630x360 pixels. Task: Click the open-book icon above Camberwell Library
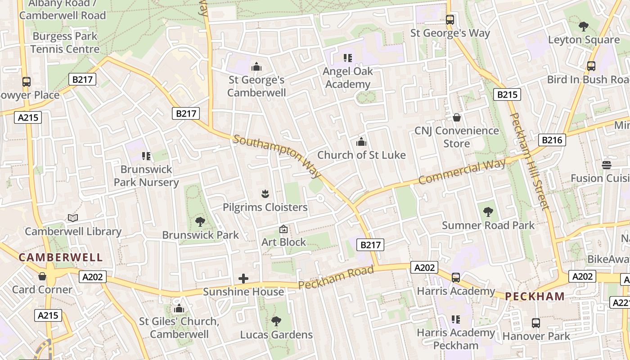[73, 218]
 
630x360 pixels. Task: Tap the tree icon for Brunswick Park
[200, 221]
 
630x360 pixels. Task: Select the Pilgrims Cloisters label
[265, 207]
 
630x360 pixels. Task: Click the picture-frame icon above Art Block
[283, 229]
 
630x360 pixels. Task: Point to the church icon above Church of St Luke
[361, 142]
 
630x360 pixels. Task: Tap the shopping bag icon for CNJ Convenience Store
[457, 118]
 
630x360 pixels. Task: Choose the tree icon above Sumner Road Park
[488, 212]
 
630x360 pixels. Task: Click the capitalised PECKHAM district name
[535, 296]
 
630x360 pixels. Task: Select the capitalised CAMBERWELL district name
[61, 257]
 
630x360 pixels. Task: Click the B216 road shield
[552, 140]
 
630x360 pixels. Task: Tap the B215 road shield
[507, 94]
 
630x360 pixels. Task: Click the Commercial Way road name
[462, 172]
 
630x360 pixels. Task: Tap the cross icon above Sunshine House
[243, 279]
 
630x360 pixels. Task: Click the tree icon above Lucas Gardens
[276, 321]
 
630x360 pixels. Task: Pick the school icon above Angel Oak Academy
[347, 58]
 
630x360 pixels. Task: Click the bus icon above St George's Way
[450, 20]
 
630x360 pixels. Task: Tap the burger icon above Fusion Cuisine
[607, 165]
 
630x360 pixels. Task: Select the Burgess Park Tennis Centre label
[65, 43]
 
